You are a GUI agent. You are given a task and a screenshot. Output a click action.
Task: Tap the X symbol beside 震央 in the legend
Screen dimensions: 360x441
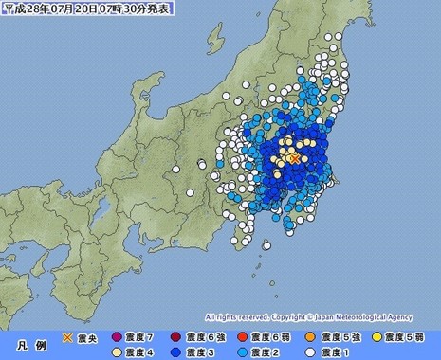67,336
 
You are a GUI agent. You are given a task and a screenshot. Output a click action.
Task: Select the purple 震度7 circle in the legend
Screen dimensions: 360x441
118,336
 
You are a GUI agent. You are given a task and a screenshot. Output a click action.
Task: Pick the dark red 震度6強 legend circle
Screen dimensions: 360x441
176,336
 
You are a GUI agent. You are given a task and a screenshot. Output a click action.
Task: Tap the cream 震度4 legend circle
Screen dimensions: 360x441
67,351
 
